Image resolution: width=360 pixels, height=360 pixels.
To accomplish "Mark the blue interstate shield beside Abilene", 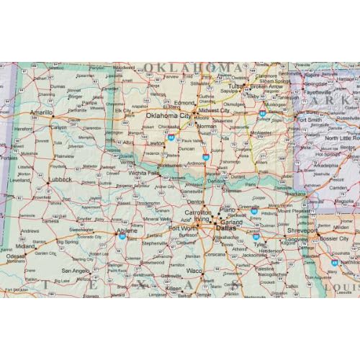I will (x=122, y=236).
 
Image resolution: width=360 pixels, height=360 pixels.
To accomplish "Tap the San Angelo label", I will (x=76, y=269).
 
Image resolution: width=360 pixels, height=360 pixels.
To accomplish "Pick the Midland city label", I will (x=25, y=246).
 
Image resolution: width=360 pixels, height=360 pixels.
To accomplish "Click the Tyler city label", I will (x=258, y=244).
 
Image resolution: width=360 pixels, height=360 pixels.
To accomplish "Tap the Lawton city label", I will (x=154, y=143).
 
